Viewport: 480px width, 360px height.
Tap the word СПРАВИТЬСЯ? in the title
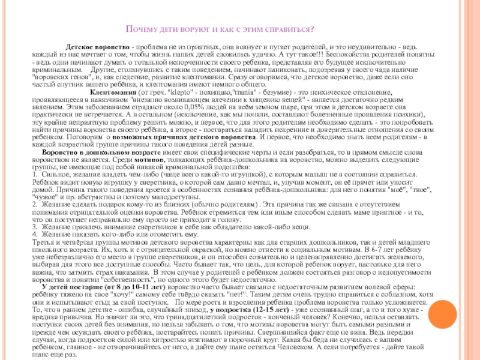coord(289,29)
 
